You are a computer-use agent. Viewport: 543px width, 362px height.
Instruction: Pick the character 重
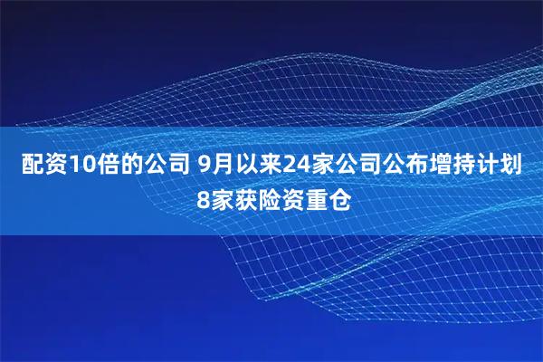(x=318, y=198)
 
